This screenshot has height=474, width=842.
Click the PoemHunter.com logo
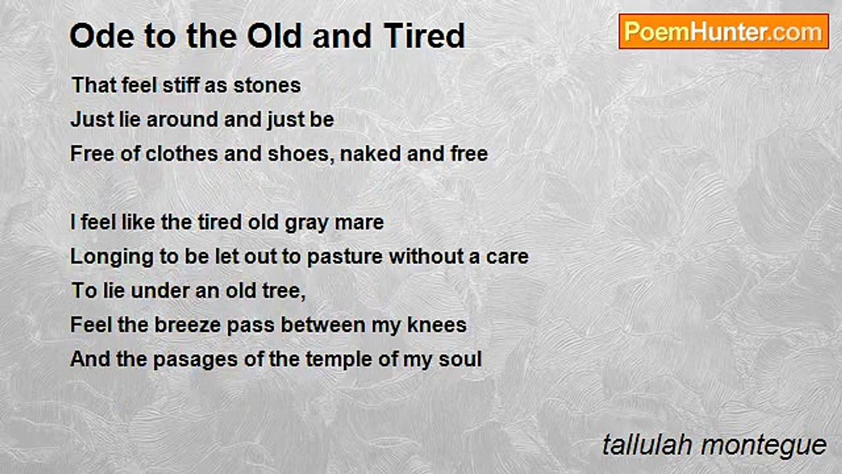pos(724,32)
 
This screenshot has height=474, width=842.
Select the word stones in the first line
pos(267,85)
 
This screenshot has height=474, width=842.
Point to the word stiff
pos(180,85)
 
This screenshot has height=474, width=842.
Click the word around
pos(182,120)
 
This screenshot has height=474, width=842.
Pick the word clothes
pos(182,154)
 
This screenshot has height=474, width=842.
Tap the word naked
pos(370,154)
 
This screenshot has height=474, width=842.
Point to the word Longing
pos(112,257)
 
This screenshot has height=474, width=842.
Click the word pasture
pos(345,257)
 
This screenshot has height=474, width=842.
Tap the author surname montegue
pos(764,446)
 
